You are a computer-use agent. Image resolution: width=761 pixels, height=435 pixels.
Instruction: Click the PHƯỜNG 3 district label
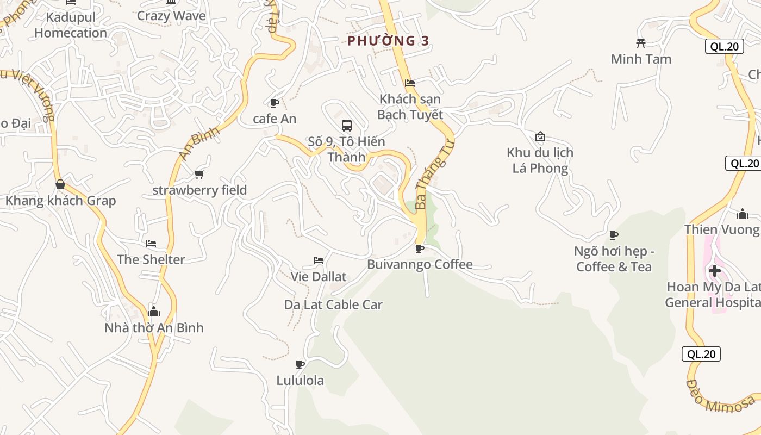tap(388, 41)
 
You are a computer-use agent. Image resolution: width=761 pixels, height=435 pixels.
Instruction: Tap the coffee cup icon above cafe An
tap(275, 103)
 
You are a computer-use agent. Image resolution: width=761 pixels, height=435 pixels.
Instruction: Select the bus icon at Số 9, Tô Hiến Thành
tap(346, 126)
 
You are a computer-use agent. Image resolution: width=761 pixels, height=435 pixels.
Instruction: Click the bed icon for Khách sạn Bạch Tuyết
tap(410, 83)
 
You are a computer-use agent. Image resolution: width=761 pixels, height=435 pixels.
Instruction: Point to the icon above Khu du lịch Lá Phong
tap(540, 136)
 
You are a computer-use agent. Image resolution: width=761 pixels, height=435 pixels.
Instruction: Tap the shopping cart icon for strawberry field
tap(199, 174)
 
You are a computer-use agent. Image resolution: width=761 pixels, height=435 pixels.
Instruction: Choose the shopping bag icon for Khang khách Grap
tap(60, 184)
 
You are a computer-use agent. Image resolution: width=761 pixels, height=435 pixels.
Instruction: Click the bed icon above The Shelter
tap(151, 243)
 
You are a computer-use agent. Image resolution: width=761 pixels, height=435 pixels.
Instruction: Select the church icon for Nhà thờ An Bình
tap(154, 312)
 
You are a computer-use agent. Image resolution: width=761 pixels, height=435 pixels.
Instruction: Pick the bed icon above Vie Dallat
tap(319, 260)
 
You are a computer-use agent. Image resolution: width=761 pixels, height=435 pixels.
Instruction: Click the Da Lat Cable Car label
tap(333, 304)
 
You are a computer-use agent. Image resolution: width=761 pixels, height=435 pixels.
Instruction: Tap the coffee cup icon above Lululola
tap(300, 364)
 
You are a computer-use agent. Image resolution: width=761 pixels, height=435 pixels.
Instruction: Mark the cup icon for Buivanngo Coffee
tap(419, 248)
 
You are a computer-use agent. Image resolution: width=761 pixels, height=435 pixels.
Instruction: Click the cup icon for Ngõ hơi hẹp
tap(614, 235)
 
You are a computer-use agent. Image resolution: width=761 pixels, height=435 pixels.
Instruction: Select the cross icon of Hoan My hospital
tap(715, 270)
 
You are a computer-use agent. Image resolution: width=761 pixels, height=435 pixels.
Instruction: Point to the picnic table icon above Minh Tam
tap(641, 43)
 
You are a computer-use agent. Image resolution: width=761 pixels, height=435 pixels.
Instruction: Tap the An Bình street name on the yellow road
tap(199, 143)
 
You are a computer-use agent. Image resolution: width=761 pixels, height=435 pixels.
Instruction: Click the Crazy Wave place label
tap(171, 16)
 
